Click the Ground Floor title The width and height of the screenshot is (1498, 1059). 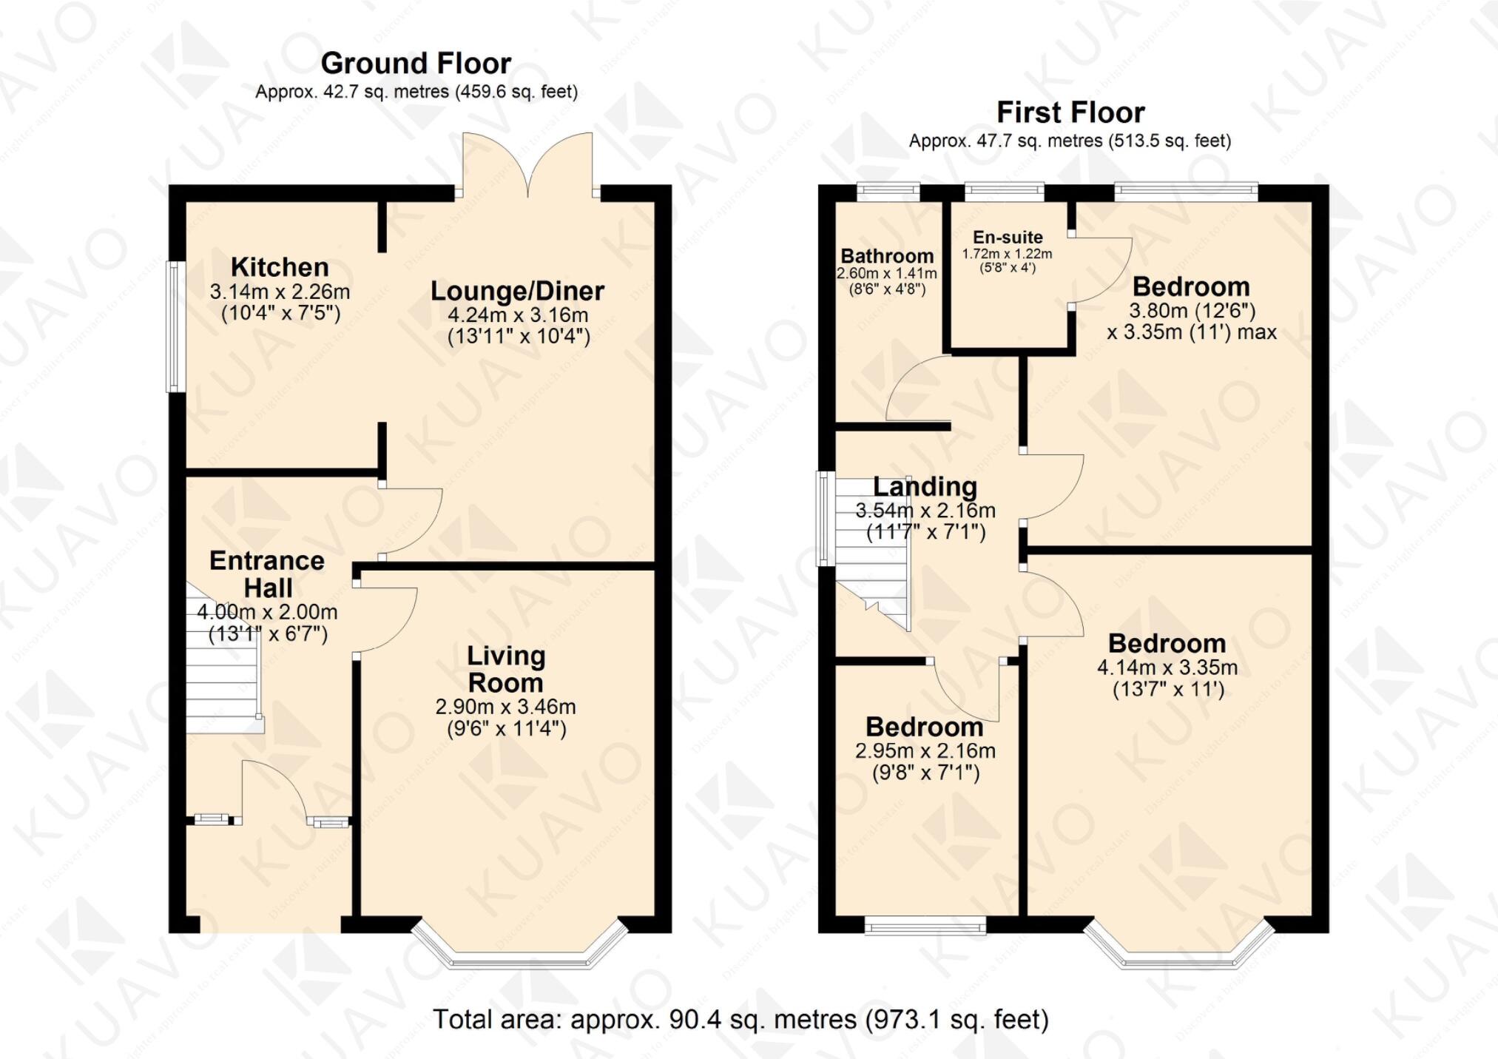pyautogui.click(x=416, y=64)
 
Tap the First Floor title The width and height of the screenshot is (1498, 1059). pyautogui.click(x=1070, y=112)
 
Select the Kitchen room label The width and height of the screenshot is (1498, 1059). pyautogui.click(x=280, y=267)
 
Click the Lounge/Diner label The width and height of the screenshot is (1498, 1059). pyautogui.click(x=517, y=291)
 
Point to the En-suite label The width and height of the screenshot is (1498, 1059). pyautogui.click(x=1008, y=238)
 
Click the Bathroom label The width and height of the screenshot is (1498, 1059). pyautogui.click(x=887, y=257)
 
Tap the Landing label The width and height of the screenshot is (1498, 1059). pyautogui.click(x=925, y=487)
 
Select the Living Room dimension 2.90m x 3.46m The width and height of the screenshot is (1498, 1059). pyautogui.click(x=505, y=707)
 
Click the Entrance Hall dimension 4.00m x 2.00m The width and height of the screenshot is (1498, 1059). pyautogui.click(x=267, y=612)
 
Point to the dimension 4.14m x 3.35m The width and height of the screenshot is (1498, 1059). pyautogui.click(x=1167, y=668)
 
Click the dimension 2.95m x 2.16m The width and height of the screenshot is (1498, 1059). pyautogui.click(x=925, y=751)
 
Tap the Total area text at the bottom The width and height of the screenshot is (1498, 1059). pyautogui.click(x=740, y=1020)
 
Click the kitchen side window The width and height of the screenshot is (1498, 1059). pyautogui.click(x=174, y=326)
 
